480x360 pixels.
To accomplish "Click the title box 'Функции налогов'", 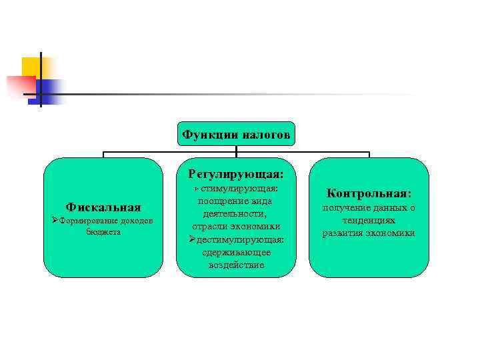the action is click(x=236, y=135).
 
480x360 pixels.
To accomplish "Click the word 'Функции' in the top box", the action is click(x=206, y=135).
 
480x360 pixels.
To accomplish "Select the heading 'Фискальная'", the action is click(x=103, y=208).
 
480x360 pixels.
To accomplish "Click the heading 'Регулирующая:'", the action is click(x=236, y=174).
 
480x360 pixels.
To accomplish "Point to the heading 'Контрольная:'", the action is click(x=369, y=193).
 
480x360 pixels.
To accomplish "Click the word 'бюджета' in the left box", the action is click(x=103, y=233).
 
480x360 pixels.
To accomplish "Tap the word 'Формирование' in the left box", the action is click(x=86, y=221).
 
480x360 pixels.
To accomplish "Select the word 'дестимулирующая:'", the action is click(x=241, y=239).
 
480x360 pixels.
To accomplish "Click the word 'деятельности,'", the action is click(x=236, y=214).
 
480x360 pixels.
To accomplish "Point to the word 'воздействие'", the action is click(x=236, y=265).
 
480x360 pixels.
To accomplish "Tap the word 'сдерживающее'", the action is click(x=236, y=252).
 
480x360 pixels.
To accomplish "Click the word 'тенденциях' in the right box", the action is click(x=369, y=220).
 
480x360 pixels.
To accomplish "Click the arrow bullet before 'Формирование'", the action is click(x=55, y=221).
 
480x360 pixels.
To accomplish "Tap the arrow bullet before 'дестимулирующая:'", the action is click(x=192, y=239).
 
